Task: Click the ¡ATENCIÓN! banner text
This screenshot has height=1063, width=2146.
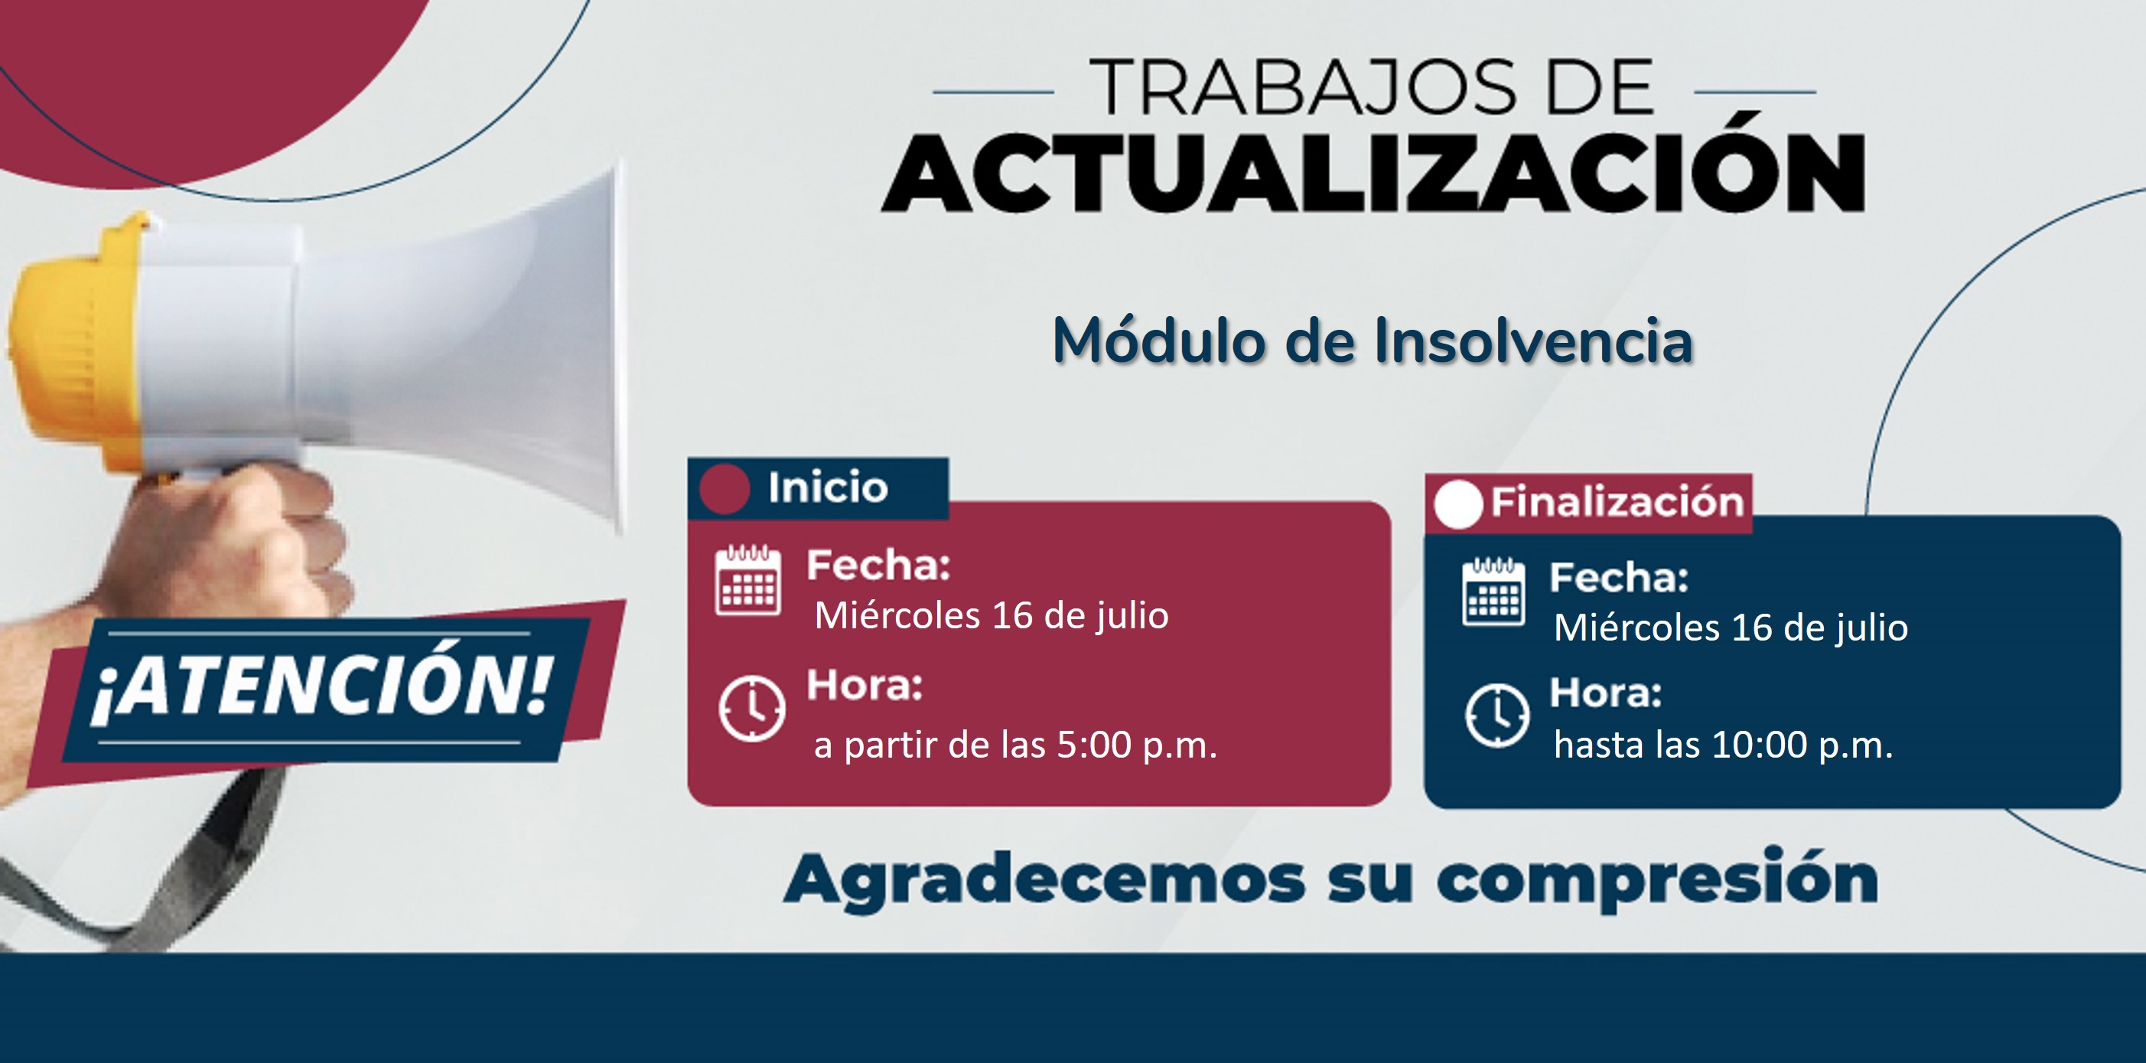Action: pyautogui.click(x=322, y=685)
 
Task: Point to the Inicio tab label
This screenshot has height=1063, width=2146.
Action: pyautogui.click(x=828, y=487)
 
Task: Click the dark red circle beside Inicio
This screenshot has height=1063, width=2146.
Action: pyautogui.click(x=725, y=488)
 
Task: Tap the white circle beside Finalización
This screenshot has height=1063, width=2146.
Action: pyautogui.click(x=1458, y=504)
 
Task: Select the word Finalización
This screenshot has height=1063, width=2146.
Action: pyautogui.click(x=1617, y=502)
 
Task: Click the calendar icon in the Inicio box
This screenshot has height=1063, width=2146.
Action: pyautogui.click(x=748, y=580)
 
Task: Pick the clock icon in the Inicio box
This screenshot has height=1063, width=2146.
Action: pyautogui.click(x=751, y=709)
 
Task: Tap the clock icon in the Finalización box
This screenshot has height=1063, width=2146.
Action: pyautogui.click(x=1497, y=715)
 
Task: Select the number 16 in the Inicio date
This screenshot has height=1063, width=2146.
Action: pyautogui.click(x=1013, y=615)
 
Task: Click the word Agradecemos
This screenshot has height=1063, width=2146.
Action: pyautogui.click(x=1044, y=882)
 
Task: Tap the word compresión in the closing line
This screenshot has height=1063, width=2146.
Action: pyautogui.click(x=1658, y=882)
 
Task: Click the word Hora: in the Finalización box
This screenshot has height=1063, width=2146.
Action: pyautogui.click(x=1605, y=693)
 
